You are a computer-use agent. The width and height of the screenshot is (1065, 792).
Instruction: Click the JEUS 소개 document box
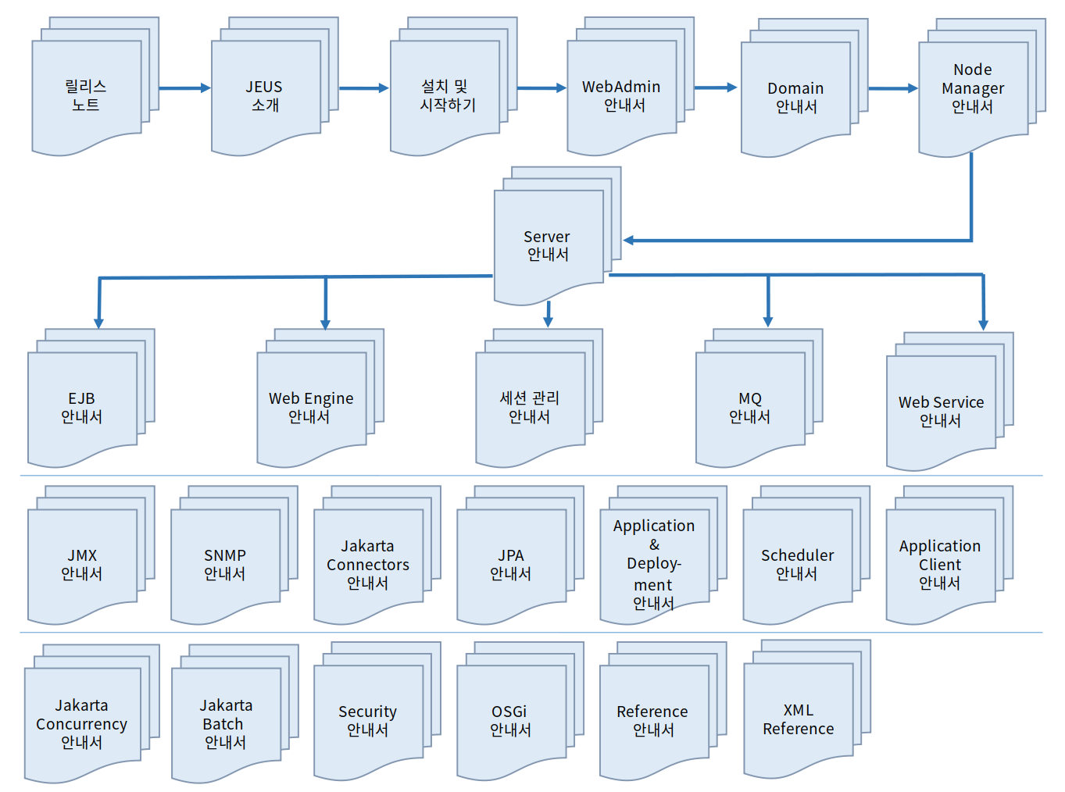coord(266,95)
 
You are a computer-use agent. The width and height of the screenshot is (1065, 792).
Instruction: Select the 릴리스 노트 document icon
coord(86,95)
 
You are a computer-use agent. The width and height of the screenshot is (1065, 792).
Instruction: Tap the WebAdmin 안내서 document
coord(622,95)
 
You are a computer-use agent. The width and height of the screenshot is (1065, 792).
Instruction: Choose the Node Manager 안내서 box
coord(973,89)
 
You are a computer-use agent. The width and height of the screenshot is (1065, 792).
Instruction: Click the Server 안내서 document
coord(548,244)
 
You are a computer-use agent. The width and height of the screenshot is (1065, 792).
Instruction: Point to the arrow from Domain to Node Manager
coord(892,88)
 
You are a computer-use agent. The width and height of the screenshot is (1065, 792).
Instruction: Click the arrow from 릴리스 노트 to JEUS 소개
coord(184,88)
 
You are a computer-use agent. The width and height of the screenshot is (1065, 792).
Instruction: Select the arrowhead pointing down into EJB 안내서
coord(99,323)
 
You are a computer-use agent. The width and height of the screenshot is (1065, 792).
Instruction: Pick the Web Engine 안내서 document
coord(311,407)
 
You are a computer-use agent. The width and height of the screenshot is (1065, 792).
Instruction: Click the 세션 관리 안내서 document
coord(530,407)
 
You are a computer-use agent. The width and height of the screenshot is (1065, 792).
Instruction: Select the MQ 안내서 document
coord(750,407)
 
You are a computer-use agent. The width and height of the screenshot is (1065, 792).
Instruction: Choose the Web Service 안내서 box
coord(941,411)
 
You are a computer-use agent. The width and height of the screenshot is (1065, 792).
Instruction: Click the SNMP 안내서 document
coord(225,564)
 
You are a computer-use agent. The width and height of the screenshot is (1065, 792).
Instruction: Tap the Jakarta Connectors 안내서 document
coord(368,564)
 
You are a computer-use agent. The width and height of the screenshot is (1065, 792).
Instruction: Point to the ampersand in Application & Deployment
coord(654,544)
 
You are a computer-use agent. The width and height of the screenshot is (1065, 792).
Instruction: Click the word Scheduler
coord(797,555)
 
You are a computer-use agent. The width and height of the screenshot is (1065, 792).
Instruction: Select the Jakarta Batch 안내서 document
coord(226,723)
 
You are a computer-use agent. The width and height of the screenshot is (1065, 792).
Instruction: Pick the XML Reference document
coord(798,719)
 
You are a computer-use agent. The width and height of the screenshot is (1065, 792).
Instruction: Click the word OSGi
coord(509,712)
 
